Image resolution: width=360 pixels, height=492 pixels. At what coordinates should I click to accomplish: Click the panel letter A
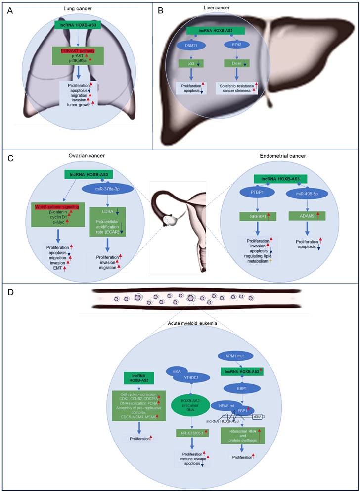click(x=9, y=10)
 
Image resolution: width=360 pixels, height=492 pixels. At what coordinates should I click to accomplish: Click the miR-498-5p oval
click(x=308, y=192)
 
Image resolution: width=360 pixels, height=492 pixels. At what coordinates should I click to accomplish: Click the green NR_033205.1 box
click(x=195, y=433)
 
